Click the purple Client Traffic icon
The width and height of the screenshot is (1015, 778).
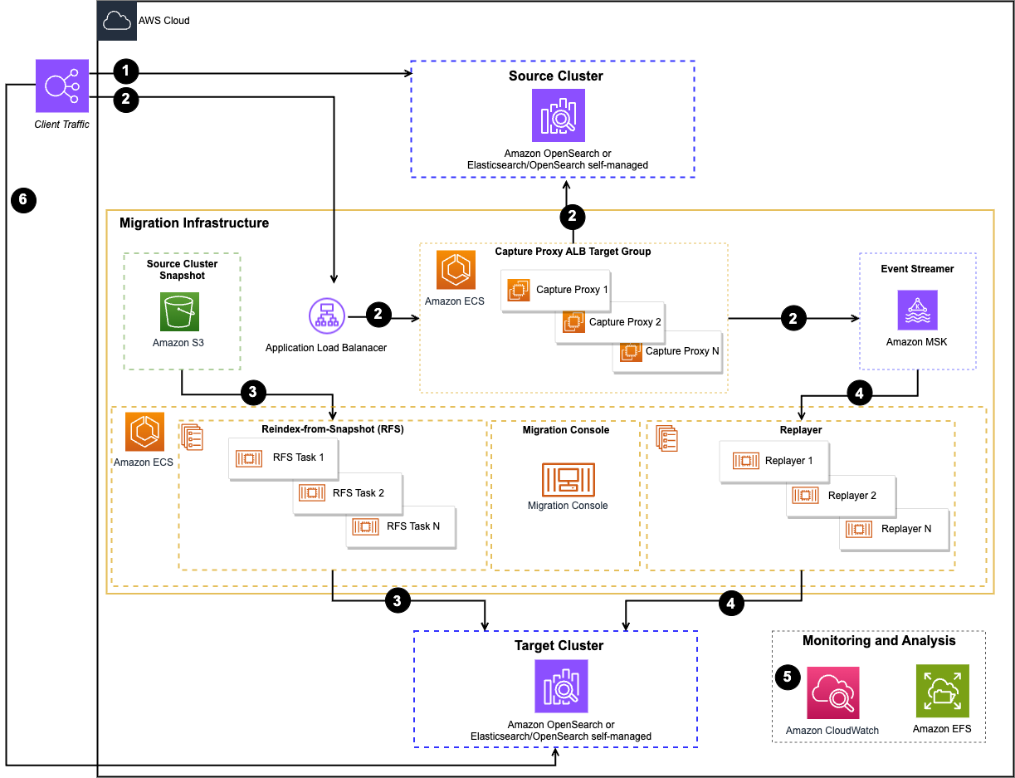62,86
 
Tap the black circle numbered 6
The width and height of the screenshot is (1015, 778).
24,199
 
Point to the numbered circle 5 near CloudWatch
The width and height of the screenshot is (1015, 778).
788,677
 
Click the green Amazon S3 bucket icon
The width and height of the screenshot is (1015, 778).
179,312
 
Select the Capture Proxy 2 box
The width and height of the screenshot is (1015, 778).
609,322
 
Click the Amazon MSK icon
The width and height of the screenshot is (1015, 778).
917,311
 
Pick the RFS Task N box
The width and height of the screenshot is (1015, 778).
401,526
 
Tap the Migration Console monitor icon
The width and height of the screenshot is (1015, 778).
568,479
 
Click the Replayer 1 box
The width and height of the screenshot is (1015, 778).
773,461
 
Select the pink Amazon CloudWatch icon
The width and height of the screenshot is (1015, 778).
833,692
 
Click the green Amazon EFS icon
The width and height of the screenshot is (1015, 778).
942,691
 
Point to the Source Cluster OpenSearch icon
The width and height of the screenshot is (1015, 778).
558,115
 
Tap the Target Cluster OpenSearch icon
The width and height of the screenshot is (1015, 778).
561,686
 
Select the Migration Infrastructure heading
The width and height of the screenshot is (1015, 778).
194,223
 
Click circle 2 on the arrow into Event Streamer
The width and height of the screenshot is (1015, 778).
793,318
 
